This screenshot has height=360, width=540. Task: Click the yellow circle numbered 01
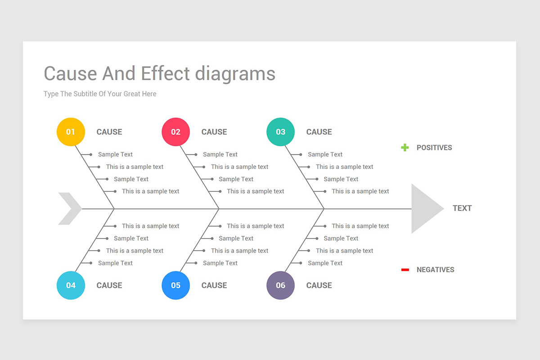[x=71, y=132]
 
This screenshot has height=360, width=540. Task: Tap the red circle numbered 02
[x=176, y=132]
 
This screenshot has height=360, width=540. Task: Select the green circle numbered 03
[x=281, y=132]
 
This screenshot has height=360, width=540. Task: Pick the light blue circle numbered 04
[x=71, y=285]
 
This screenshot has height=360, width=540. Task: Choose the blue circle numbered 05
[x=176, y=285]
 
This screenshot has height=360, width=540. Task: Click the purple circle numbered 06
[x=281, y=285]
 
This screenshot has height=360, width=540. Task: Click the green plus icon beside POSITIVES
[x=405, y=148]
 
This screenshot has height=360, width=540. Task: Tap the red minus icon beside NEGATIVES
[x=405, y=270]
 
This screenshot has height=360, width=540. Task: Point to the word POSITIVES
[x=434, y=148]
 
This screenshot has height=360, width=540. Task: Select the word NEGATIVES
[x=436, y=270]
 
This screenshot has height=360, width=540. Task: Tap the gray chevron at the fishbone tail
[x=70, y=208]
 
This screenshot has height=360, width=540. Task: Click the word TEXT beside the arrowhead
[x=462, y=208]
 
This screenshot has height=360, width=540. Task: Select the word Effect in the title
[x=165, y=73]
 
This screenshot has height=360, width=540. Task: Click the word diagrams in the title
[x=235, y=75]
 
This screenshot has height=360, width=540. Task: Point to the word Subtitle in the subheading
[x=85, y=94]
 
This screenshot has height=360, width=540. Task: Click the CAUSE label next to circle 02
[x=214, y=132]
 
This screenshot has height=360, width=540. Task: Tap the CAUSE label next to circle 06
[x=319, y=285]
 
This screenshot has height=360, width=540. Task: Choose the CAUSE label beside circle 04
[x=109, y=285]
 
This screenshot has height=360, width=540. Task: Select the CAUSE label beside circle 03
[x=319, y=132]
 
